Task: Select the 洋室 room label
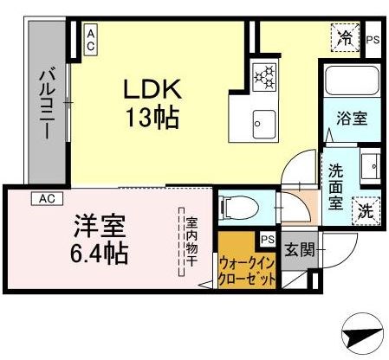pyautogui.click(x=99, y=227)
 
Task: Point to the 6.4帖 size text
pyautogui.click(x=99, y=253)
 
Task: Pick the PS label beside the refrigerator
pyautogui.click(x=373, y=39)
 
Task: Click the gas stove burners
pyautogui.click(x=263, y=76)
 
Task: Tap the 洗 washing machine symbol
pyautogui.click(x=366, y=209)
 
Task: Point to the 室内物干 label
pyautogui.click(x=191, y=241)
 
